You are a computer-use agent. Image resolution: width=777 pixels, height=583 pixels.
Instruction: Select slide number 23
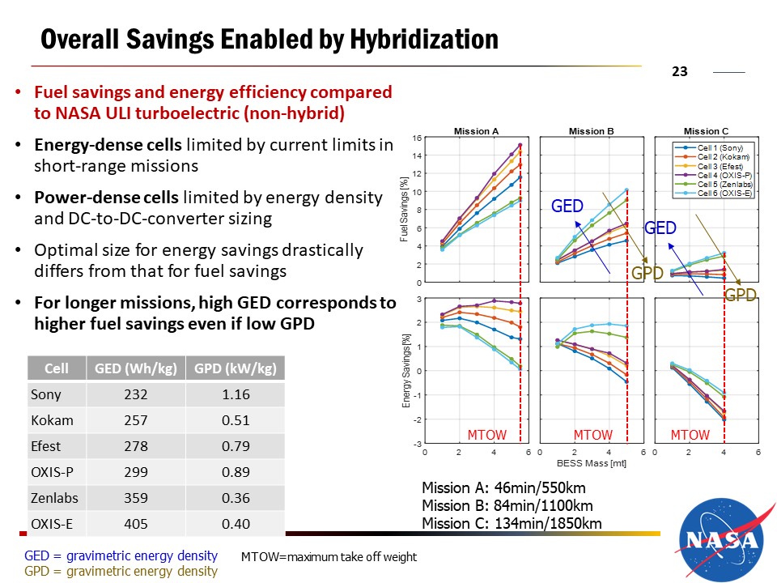point(679,71)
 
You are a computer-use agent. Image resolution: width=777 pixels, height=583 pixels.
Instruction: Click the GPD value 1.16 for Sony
point(235,394)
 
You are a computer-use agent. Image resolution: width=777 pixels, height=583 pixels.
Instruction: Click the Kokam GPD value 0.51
point(235,420)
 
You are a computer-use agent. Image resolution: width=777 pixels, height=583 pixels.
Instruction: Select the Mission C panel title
point(700,131)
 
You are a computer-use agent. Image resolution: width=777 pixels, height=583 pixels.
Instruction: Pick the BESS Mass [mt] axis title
point(592,464)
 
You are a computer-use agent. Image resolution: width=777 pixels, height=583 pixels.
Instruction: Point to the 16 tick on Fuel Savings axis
point(416,138)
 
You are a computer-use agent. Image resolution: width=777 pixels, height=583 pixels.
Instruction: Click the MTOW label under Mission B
point(592,436)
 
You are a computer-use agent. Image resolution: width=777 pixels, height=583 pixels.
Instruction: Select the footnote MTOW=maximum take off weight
point(329,556)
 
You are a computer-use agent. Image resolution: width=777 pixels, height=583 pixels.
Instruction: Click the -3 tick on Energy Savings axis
point(416,445)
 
